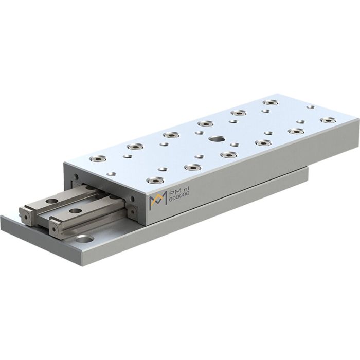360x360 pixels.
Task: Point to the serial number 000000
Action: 179,197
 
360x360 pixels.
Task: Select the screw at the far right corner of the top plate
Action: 327,120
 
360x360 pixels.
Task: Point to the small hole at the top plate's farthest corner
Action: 310,107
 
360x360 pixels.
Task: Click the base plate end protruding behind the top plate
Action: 296,172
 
